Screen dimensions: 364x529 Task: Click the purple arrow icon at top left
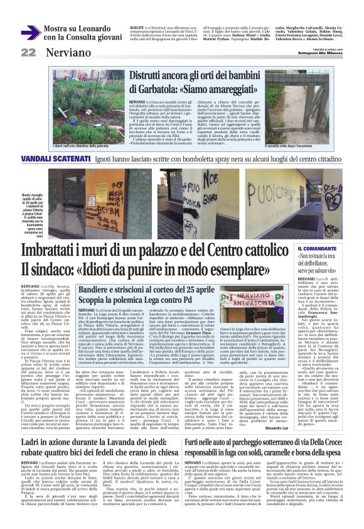[30, 32]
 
